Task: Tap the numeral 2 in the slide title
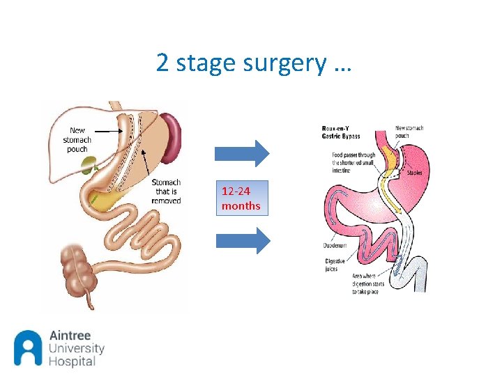162,63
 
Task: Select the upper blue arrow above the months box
241,153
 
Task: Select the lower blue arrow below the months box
241,240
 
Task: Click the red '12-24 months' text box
241,198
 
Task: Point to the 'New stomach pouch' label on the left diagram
77,139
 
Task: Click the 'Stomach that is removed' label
166,191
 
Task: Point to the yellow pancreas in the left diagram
108,202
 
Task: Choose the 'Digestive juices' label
335,264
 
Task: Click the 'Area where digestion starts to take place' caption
368,283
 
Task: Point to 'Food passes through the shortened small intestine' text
353,161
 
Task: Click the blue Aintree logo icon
28,347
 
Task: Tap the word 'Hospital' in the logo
72,361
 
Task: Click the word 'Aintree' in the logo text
70,336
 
